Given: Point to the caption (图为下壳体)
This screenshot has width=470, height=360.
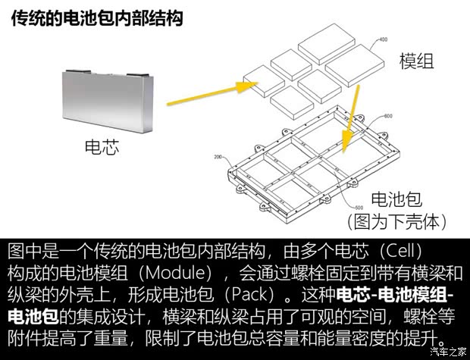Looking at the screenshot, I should [x=396, y=222].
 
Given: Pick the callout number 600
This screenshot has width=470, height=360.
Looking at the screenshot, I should [x=387, y=116].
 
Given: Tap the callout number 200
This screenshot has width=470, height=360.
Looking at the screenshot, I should [x=218, y=158].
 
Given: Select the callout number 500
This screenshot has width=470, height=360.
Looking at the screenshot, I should [x=358, y=206].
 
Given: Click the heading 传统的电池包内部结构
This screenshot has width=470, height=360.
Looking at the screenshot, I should [x=98, y=18].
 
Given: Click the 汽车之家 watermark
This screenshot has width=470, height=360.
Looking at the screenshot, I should [x=448, y=351].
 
